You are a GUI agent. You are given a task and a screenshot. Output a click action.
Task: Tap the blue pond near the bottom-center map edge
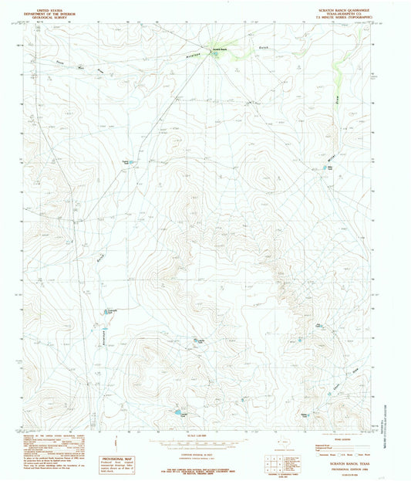click(x=178, y=413)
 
